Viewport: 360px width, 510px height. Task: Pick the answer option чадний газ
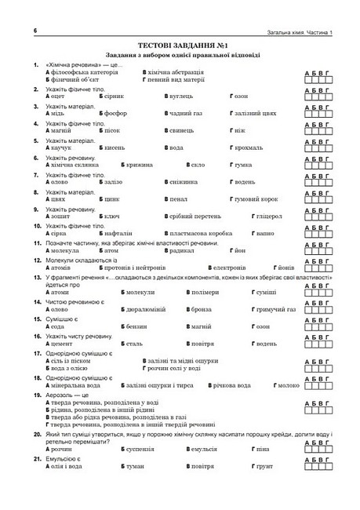tap(185, 113)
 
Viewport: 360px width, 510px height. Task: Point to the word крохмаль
tap(249, 148)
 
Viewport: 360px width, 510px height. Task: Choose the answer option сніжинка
tap(185, 182)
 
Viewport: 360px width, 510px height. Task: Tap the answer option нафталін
tap(118, 233)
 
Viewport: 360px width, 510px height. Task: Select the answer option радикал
tap(183, 250)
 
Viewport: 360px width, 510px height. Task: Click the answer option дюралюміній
tap(147, 308)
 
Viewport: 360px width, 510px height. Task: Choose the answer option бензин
tap(138, 326)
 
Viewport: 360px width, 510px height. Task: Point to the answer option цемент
tap(62, 343)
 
